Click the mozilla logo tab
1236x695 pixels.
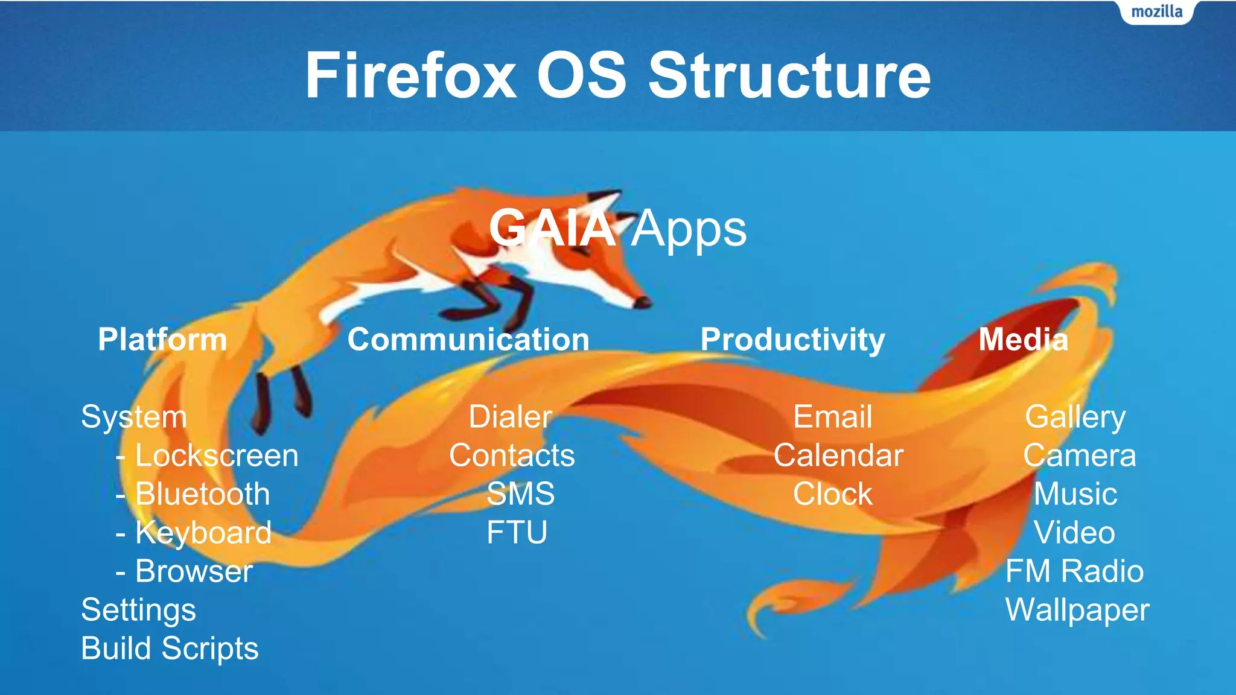pyautogui.click(x=1156, y=12)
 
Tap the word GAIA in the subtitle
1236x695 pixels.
pyautogui.click(x=552, y=229)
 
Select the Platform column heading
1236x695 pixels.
pyautogui.click(x=162, y=340)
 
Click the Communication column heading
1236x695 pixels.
pyautogui.click(x=468, y=340)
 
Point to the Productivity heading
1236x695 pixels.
pyautogui.click(x=792, y=340)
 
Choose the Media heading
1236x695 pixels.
pyautogui.click(x=1023, y=340)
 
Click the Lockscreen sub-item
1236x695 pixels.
pyautogui.click(x=216, y=455)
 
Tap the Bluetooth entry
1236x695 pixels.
pyautogui.click(x=202, y=494)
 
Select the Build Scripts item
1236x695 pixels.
pyautogui.click(x=170, y=649)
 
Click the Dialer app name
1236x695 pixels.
pyautogui.click(x=511, y=417)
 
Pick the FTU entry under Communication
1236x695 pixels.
pyautogui.click(x=517, y=533)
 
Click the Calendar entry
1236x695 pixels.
pyautogui.click(x=838, y=455)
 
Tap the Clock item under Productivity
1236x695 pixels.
pyautogui.click(x=832, y=494)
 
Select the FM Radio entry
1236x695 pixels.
pyautogui.click(x=1074, y=571)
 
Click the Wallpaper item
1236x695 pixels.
pyautogui.click(x=1077, y=610)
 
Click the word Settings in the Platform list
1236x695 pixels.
pyautogui.click(x=138, y=610)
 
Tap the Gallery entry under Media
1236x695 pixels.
pyautogui.click(x=1075, y=417)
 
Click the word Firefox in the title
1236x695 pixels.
pyautogui.click(x=410, y=76)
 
